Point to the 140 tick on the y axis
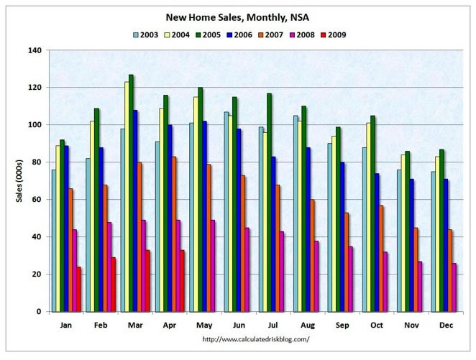tap(34, 50)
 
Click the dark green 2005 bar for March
tap(131, 194)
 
